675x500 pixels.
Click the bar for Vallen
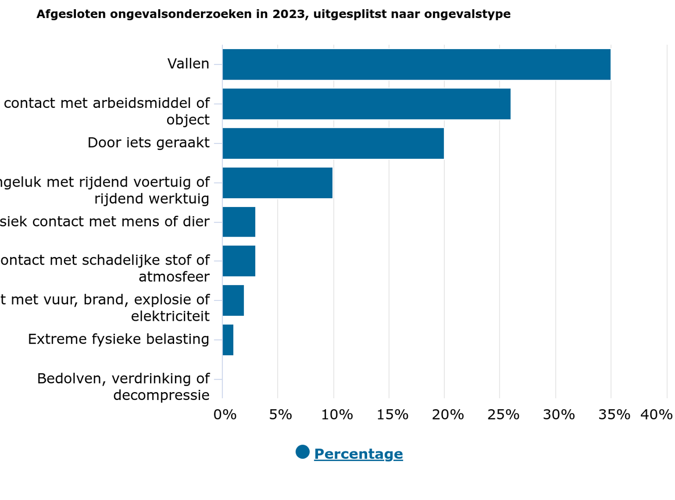point(416,64)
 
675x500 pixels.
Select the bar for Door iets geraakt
point(333,144)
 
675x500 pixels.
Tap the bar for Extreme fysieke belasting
point(228,340)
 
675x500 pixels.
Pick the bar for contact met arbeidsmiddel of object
point(366,104)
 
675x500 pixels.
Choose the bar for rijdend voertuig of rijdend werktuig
point(277,183)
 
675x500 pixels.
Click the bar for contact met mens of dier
point(239,222)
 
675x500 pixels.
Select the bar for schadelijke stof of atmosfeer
point(239,261)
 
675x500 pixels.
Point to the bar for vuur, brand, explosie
point(233,300)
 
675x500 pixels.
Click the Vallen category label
point(188,64)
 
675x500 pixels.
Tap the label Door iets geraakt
point(148,143)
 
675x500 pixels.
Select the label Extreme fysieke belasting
point(119,339)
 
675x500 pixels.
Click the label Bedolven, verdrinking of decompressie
point(123,387)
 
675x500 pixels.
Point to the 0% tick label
point(225,415)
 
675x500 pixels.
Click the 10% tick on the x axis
point(337,415)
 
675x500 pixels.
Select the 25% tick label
point(503,415)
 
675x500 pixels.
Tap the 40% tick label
point(656,415)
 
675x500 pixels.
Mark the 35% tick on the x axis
point(614,415)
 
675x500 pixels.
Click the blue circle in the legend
point(302,452)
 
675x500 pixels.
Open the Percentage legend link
point(358,454)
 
